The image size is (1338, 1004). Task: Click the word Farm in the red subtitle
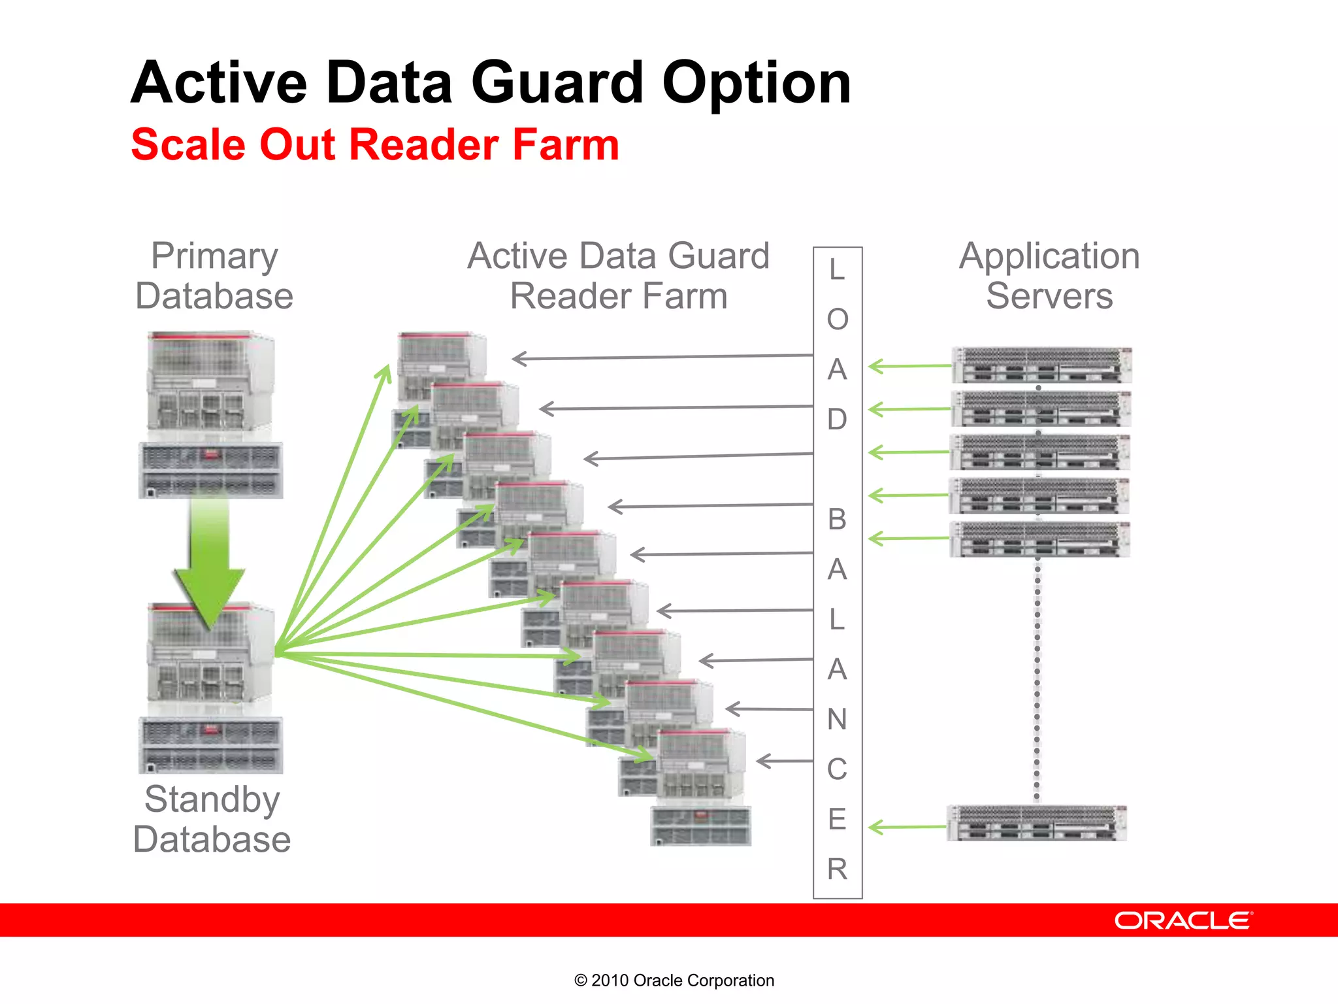pos(565,145)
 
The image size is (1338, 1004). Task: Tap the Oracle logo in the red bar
pos(1183,920)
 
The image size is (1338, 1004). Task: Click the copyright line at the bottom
pos(674,980)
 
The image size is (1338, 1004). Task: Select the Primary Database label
pos(214,276)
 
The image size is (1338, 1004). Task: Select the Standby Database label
pos(212,819)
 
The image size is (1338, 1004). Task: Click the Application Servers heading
pos(1049,276)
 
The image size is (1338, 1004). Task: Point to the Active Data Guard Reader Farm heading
pos(618,276)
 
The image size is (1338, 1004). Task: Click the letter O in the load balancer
pos(838,320)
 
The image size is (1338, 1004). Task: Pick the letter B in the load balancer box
pos(837,520)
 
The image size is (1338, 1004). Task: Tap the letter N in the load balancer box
pos(837,720)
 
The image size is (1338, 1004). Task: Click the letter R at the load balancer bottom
pos(837,869)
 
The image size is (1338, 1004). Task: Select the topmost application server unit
pos(1041,365)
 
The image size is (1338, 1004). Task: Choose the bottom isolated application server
pos(1037,823)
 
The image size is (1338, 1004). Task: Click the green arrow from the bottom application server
pos(908,828)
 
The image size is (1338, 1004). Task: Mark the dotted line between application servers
pos(1037,680)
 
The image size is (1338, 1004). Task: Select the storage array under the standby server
pos(210,745)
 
